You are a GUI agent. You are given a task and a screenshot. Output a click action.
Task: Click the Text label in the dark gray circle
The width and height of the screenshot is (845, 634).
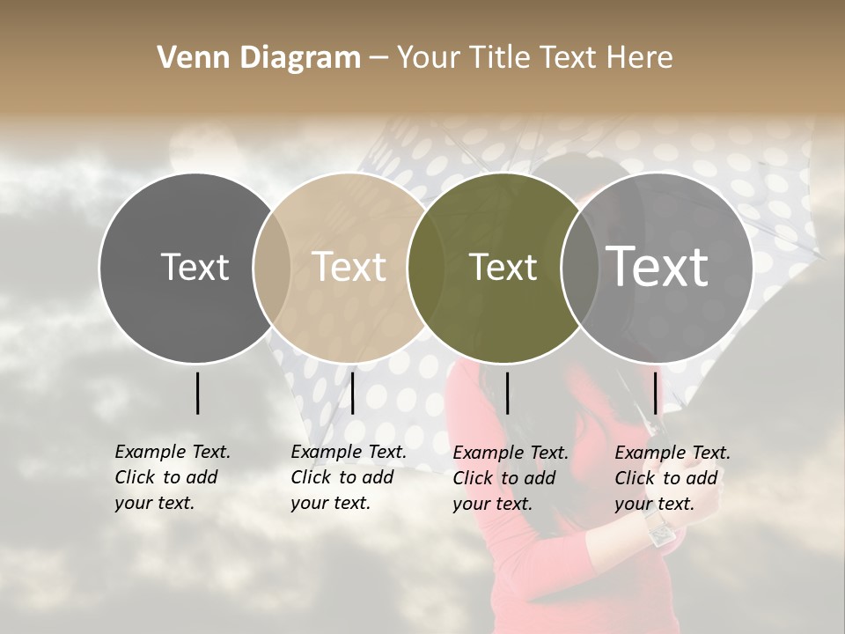[195, 267]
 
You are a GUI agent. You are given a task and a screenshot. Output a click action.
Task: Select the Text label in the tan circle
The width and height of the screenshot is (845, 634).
[349, 267]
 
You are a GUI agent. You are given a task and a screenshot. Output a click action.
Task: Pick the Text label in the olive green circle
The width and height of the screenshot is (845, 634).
[503, 268]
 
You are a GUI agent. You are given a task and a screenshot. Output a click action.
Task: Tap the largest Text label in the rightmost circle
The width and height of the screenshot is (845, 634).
[658, 267]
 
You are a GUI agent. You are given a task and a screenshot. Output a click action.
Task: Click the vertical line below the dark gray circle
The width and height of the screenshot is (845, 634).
[197, 393]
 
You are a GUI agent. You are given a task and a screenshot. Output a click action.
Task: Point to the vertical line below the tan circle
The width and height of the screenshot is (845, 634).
[352, 393]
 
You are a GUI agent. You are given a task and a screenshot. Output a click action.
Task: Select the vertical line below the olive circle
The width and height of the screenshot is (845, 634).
[507, 393]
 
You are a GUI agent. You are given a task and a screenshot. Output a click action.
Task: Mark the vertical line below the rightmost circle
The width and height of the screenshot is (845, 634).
[655, 393]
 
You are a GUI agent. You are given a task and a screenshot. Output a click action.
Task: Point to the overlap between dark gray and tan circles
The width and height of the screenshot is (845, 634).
[272, 268]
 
